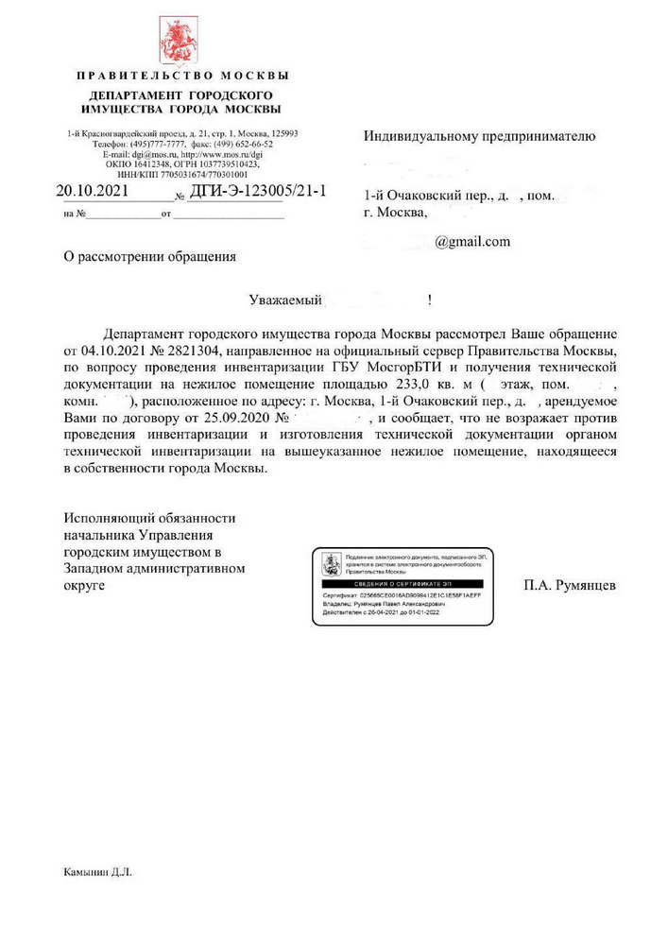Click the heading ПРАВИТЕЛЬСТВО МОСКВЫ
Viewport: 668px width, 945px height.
[182, 75]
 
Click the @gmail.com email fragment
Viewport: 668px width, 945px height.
[472, 242]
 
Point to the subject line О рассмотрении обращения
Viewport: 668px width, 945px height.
[149, 256]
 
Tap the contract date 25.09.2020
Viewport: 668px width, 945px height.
[233, 420]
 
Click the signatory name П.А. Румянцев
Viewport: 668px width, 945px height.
[569, 586]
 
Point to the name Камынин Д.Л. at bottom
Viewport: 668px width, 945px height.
[98, 872]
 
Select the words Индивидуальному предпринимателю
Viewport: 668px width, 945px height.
[480, 136]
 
